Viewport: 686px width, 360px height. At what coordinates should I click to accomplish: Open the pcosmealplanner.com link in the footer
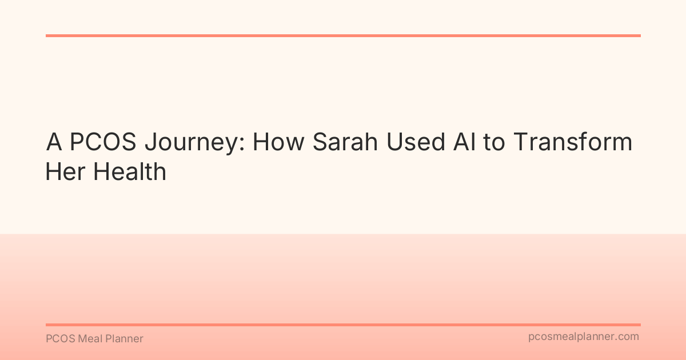tap(583, 337)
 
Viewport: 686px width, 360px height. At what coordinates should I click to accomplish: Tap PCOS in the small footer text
tap(58, 339)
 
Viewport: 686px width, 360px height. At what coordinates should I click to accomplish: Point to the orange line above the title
tap(343, 35)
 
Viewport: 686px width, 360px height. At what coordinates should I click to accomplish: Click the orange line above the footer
tap(343, 325)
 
